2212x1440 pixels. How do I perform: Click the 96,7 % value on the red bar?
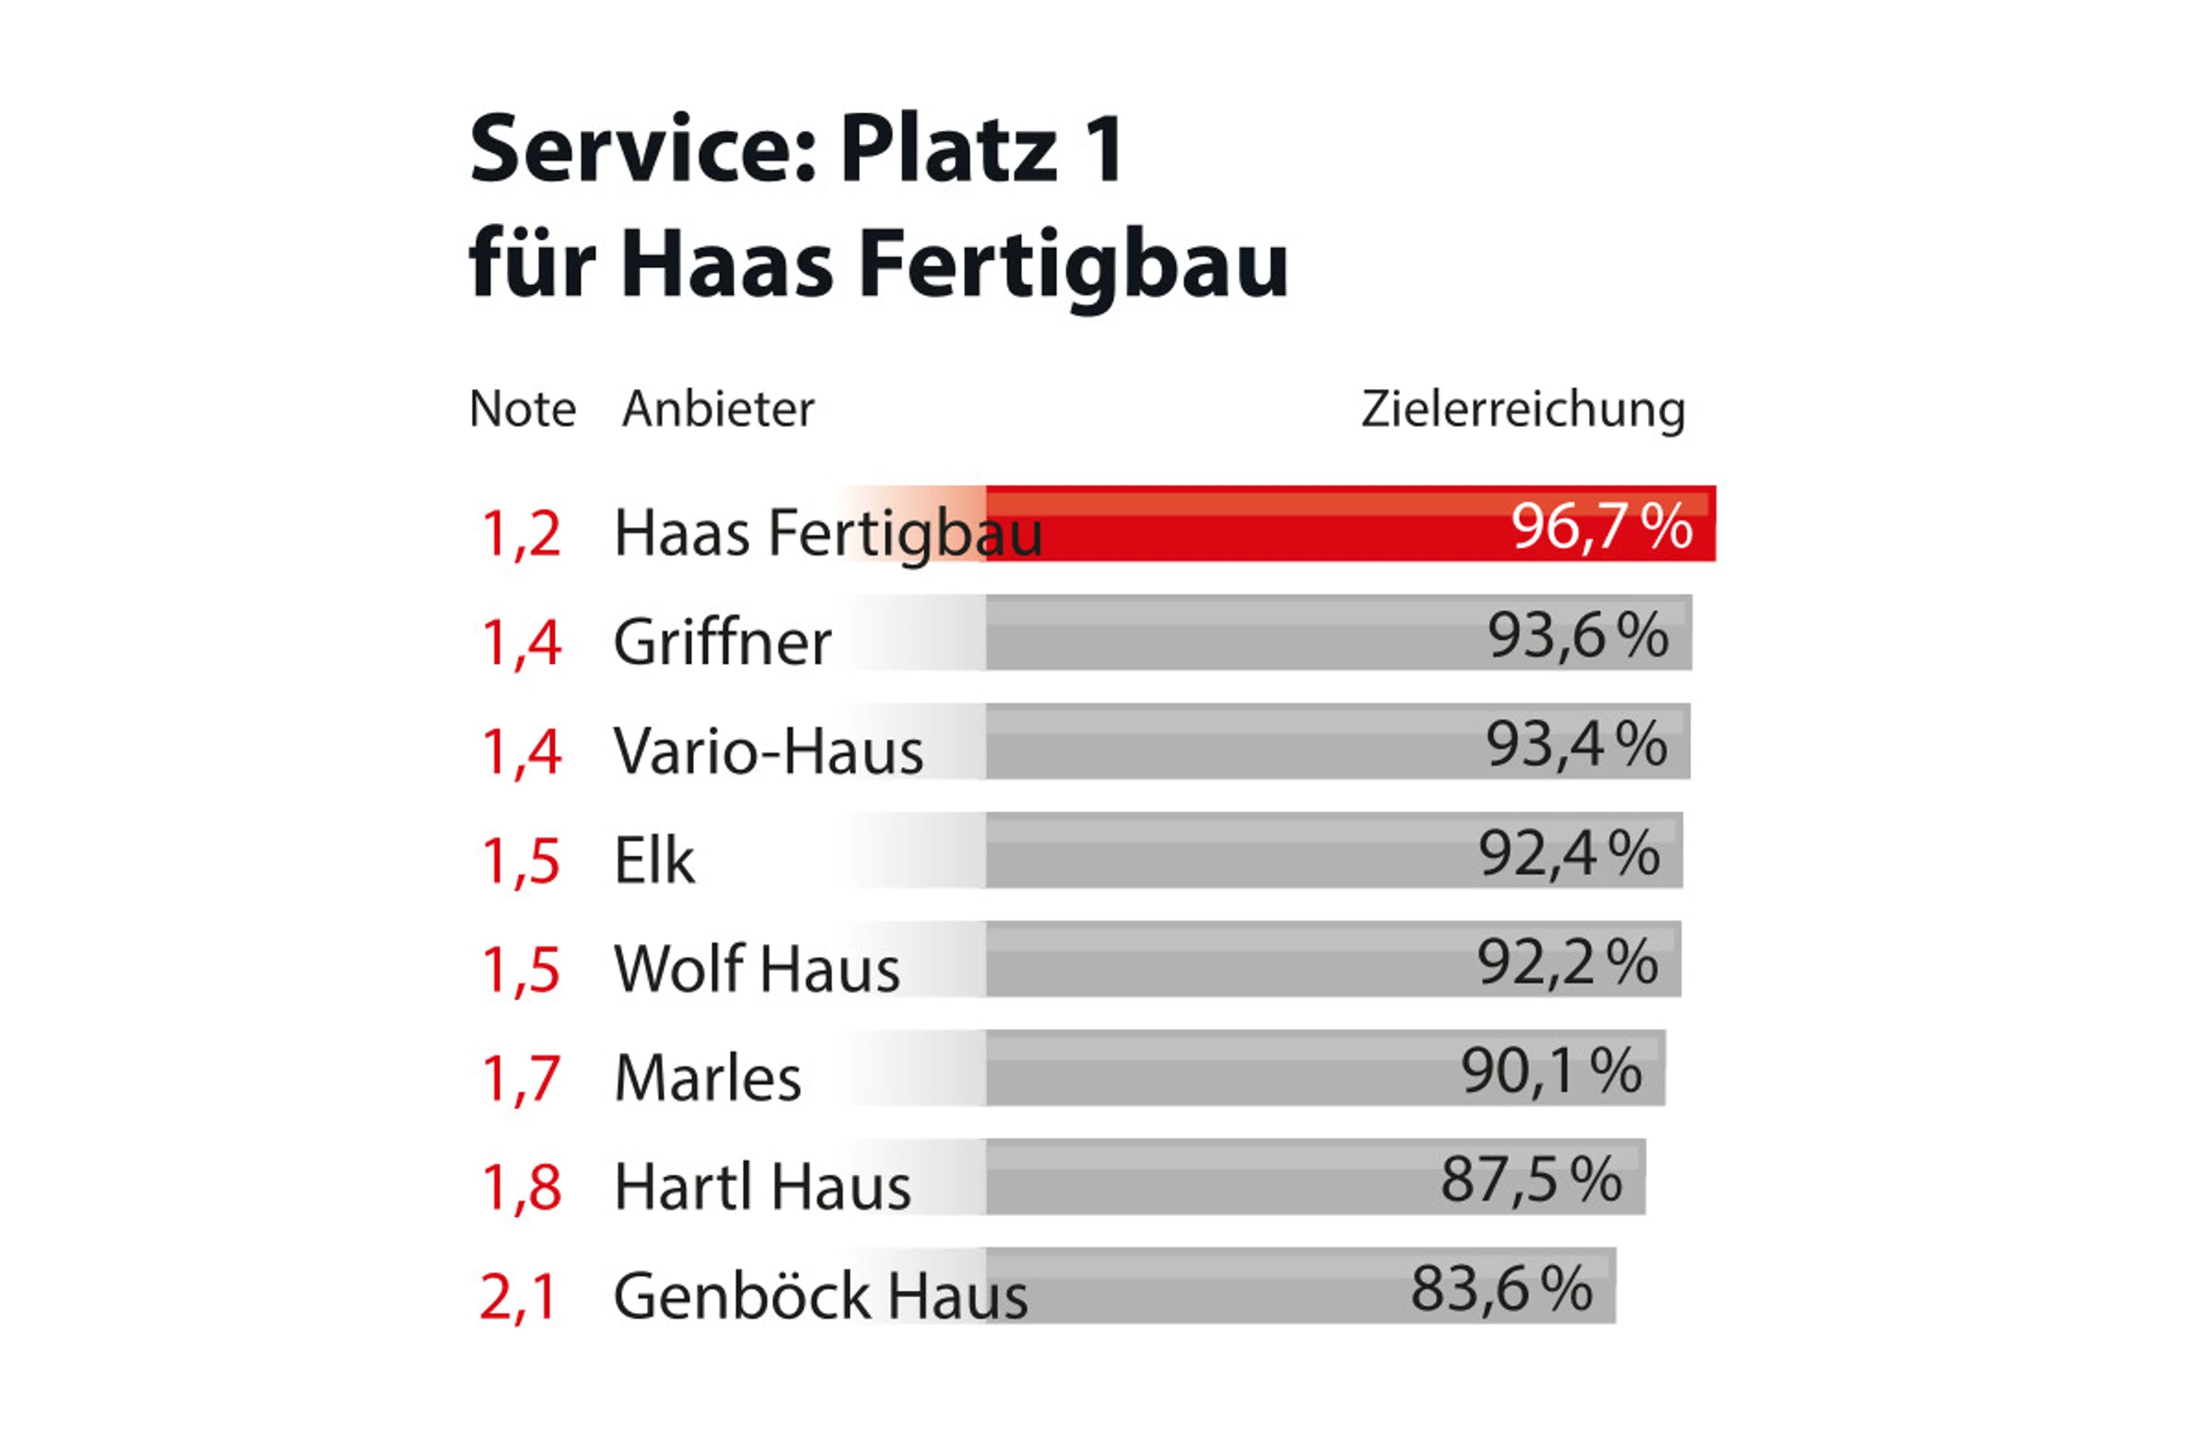click(x=1600, y=526)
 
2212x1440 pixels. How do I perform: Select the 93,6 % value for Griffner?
click(x=1577, y=636)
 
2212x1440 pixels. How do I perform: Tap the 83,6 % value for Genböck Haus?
click(x=1501, y=1289)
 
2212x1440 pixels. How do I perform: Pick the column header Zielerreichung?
click(x=1522, y=409)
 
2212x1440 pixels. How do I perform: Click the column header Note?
click(x=523, y=409)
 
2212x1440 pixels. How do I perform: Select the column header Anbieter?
click(x=717, y=409)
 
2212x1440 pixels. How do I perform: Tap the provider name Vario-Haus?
click(x=767, y=751)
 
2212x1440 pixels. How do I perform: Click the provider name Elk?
click(x=653, y=860)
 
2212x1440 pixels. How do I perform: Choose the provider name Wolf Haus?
click(x=757, y=969)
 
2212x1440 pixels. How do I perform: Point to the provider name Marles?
click(x=708, y=1079)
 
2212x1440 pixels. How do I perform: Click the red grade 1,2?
click(x=520, y=533)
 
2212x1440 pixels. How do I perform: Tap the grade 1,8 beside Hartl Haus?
click(x=520, y=1187)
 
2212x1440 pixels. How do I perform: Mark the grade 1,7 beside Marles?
click(x=520, y=1079)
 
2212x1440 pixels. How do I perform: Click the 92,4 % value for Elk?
click(x=1568, y=853)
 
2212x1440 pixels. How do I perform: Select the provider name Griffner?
click(x=721, y=642)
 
